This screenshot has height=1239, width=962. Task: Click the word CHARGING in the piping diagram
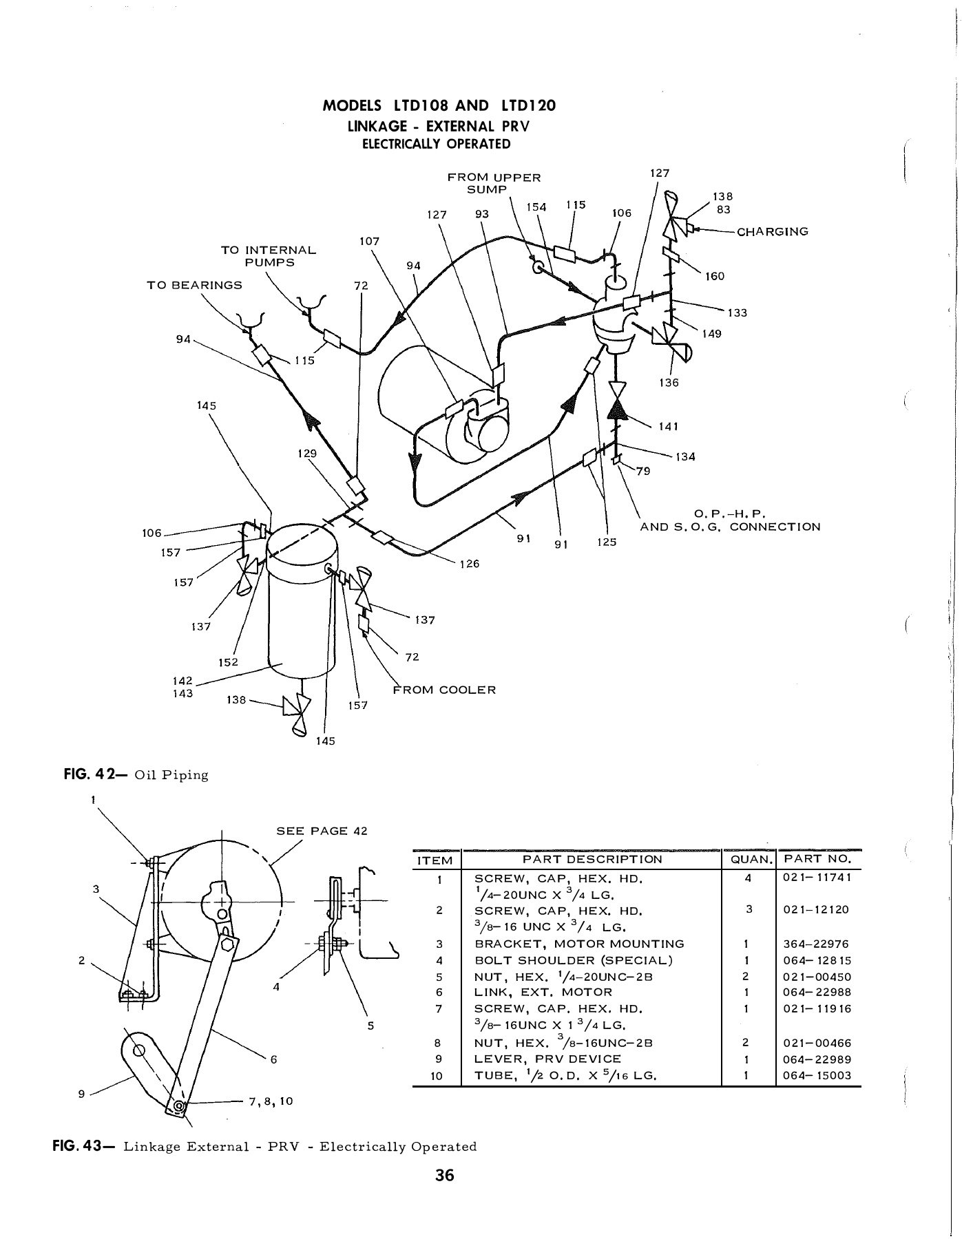(x=772, y=232)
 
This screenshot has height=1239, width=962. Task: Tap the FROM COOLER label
(x=444, y=690)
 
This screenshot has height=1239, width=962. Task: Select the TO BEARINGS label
(x=195, y=285)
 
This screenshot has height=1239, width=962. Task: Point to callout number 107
(x=369, y=242)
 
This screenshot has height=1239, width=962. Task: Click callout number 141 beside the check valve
(x=669, y=426)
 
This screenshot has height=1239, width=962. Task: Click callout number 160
(x=715, y=276)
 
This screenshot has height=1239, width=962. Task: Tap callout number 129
(x=307, y=454)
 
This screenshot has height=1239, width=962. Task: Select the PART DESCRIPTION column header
(x=592, y=859)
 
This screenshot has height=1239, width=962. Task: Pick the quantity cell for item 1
(x=747, y=878)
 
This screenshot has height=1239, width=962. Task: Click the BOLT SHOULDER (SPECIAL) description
(x=574, y=960)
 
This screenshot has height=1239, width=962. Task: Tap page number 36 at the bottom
(x=445, y=1175)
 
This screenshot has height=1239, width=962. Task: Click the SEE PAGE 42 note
(x=322, y=831)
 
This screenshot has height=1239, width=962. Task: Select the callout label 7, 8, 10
(x=271, y=1101)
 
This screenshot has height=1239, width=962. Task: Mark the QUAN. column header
(x=747, y=859)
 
